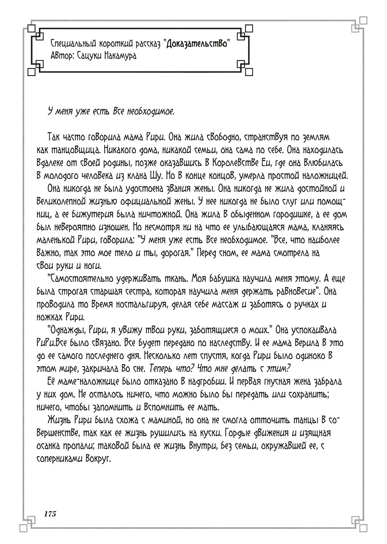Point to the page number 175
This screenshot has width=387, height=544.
click(x=49, y=514)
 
